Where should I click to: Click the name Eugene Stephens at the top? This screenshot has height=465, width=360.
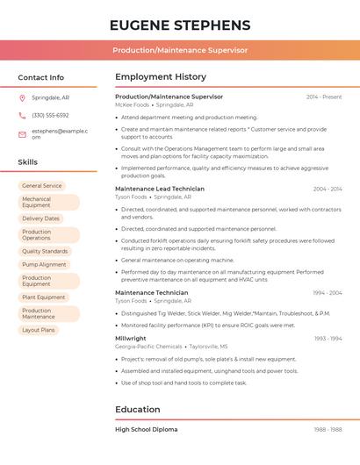pos(179,25)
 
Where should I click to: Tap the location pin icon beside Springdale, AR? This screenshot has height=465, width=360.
pos(22,97)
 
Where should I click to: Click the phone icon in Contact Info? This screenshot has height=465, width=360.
pos(22,115)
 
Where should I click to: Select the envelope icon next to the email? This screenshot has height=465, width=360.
pos(22,134)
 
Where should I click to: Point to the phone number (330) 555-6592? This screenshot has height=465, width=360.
pos(50,115)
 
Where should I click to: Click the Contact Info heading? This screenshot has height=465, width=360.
pos(40,77)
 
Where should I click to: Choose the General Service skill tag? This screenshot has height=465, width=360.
pos(42,186)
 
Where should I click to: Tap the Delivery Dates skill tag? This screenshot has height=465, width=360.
pos(41,218)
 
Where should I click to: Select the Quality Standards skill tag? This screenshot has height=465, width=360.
pos(45,251)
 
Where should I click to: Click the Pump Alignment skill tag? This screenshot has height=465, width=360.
pos(44,264)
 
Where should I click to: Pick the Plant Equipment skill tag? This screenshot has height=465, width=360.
pos(44,297)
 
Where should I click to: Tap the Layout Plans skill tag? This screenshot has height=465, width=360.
pos(39,330)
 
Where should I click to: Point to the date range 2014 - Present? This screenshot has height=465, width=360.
pos(324,97)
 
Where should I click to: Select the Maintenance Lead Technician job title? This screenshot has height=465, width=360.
pos(160,189)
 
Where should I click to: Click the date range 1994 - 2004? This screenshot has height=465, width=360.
pos(328,292)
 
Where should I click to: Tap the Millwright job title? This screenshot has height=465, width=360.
pos(131,338)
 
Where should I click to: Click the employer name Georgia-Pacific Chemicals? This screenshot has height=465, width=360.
pos(148,347)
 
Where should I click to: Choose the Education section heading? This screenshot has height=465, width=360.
pos(138,409)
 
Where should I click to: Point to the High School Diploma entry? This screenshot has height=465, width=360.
pos(146,429)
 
